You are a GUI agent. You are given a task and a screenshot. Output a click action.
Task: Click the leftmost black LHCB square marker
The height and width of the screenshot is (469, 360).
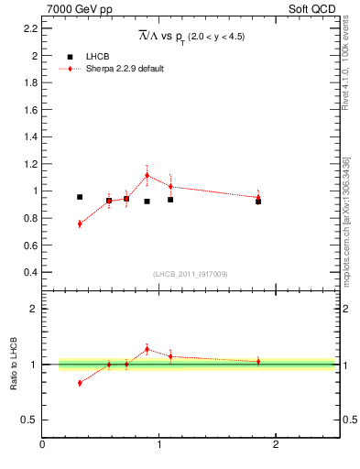click(80, 197)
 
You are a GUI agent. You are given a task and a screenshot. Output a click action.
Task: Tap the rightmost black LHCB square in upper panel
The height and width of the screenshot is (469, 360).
click(258, 202)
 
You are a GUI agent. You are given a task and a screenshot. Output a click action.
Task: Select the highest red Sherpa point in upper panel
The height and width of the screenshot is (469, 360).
click(147, 175)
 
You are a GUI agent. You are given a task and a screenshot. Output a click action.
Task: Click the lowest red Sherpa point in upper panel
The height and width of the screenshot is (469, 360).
click(80, 224)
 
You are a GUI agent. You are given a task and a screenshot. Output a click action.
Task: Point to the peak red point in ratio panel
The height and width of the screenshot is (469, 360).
click(147, 349)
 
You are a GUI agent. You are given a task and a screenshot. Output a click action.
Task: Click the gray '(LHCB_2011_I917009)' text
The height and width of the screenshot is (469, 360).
click(190, 274)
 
